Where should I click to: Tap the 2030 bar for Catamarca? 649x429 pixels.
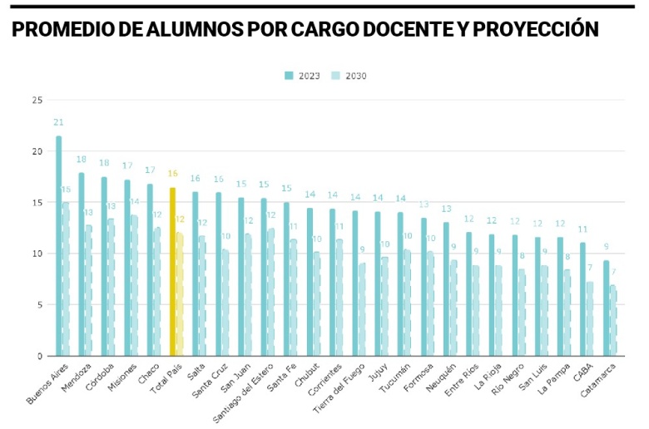[x=613, y=321]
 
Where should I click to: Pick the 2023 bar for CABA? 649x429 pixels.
[x=582, y=299]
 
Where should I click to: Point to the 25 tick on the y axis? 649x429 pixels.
[x=36, y=100]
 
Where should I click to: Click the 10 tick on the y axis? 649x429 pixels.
[x=36, y=254]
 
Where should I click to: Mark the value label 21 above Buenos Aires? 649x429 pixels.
[x=58, y=123]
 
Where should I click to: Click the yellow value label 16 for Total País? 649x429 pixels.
[x=172, y=174]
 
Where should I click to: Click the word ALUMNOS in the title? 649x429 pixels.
[x=201, y=30]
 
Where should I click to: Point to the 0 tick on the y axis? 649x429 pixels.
[x=38, y=356]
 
